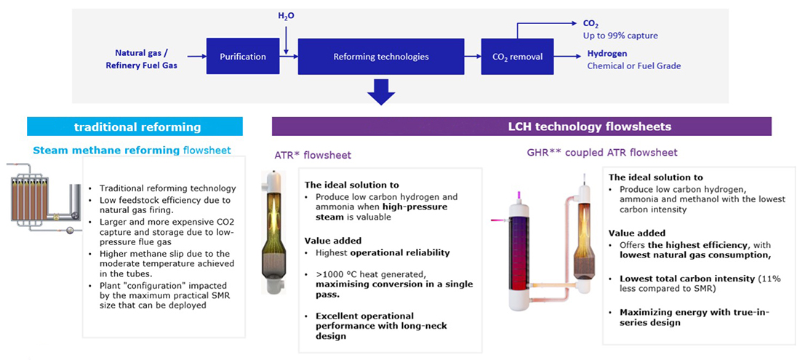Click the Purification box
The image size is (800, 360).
[244, 56]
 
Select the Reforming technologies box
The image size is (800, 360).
[380, 56]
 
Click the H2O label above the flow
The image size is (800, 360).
[287, 15]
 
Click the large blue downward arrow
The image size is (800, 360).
[380, 91]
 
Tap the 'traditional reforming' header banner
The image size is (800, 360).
[137, 127]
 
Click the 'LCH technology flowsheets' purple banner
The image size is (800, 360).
[532, 127]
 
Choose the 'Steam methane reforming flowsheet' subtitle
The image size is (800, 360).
[132, 151]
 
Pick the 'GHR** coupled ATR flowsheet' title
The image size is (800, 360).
[602, 153]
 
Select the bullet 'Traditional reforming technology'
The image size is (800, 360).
[167, 188]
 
